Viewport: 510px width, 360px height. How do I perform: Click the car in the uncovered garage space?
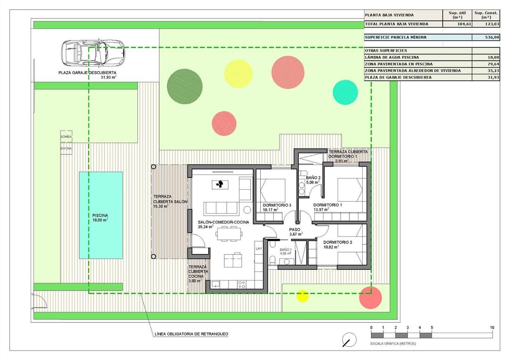(x=93, y=53)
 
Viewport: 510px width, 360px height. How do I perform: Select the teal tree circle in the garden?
(x=345, y=92)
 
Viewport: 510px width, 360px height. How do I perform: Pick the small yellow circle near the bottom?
(x=302, y=296)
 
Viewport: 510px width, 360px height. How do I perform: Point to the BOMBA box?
(x=66, y=137)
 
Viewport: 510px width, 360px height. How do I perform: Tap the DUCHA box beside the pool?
(x=66, y=148)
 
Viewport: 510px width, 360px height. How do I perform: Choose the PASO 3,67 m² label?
(x=296, y=231)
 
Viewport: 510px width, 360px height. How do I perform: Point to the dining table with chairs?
(x=230, y=232)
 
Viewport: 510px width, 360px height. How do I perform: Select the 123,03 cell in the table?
(x=486, y=24)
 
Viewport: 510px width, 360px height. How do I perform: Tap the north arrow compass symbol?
(x=349, y=339)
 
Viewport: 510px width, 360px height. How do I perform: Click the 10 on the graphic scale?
(x=492, y=327)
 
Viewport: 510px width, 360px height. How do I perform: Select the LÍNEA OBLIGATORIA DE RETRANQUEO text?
(x=191, y=334)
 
